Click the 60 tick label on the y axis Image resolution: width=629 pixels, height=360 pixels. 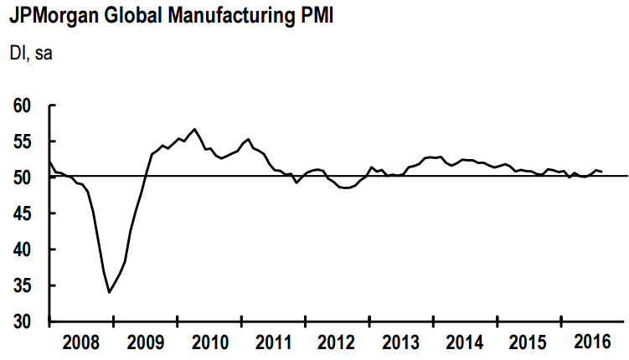pos(23,106)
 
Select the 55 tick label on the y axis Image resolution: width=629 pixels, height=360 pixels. pos(23,142)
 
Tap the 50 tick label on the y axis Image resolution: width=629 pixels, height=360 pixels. pos(23,178)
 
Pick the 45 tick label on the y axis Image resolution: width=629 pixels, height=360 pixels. pos(23,214)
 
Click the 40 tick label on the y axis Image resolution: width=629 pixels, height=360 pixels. pos(23,250)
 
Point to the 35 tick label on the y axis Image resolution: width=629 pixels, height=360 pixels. pos(23,286)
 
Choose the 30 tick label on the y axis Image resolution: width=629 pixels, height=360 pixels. pos(23,322)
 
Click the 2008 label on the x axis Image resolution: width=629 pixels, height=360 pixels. pos(81,342)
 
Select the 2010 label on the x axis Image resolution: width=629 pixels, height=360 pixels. pos(209,342)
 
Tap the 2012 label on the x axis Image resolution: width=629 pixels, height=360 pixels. pos(337,342)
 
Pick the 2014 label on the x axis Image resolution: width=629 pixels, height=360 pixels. pos(464,342)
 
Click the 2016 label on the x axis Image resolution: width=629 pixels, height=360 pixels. pos(591,342)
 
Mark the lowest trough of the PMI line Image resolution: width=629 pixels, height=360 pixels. pos(109,292)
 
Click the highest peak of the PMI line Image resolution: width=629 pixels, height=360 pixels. pos(194,129)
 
